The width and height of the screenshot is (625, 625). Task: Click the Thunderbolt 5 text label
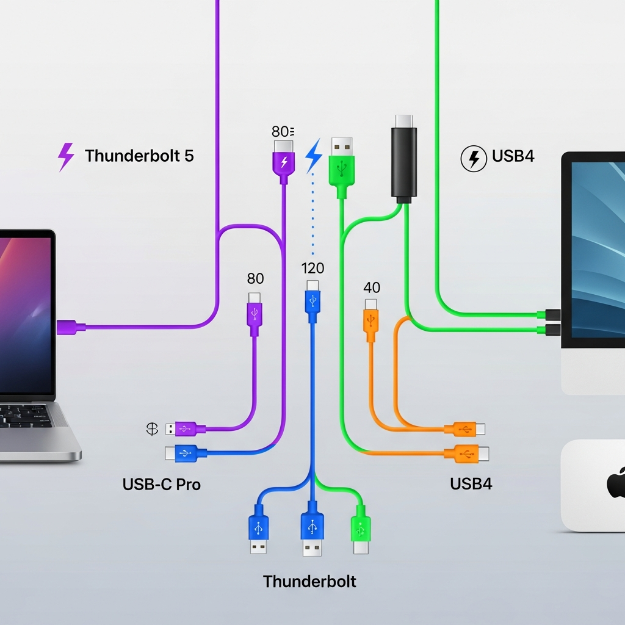[x=139, y=156]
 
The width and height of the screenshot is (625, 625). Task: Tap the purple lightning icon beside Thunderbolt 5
[x=65, y=156]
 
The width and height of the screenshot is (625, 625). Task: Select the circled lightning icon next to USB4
[x=473, y=159]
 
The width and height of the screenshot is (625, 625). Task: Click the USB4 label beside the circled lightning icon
[x=513, y=156]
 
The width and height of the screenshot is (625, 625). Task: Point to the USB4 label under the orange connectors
[x=471, y=484]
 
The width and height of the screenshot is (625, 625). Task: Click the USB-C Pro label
[x=162, y=485]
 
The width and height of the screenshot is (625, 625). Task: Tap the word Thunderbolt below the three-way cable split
[x=309, y=581]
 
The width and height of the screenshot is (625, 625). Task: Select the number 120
[x=312, y=268]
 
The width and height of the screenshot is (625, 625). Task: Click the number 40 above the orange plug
[x=372, y=287]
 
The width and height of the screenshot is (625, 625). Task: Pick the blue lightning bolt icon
[x=314, y=154]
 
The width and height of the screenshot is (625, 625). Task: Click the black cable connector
[x=404, y=160]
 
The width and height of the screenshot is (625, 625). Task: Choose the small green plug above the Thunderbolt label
[x=361, y=531]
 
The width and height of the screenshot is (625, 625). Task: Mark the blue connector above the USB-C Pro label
[x=186, y=453]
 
